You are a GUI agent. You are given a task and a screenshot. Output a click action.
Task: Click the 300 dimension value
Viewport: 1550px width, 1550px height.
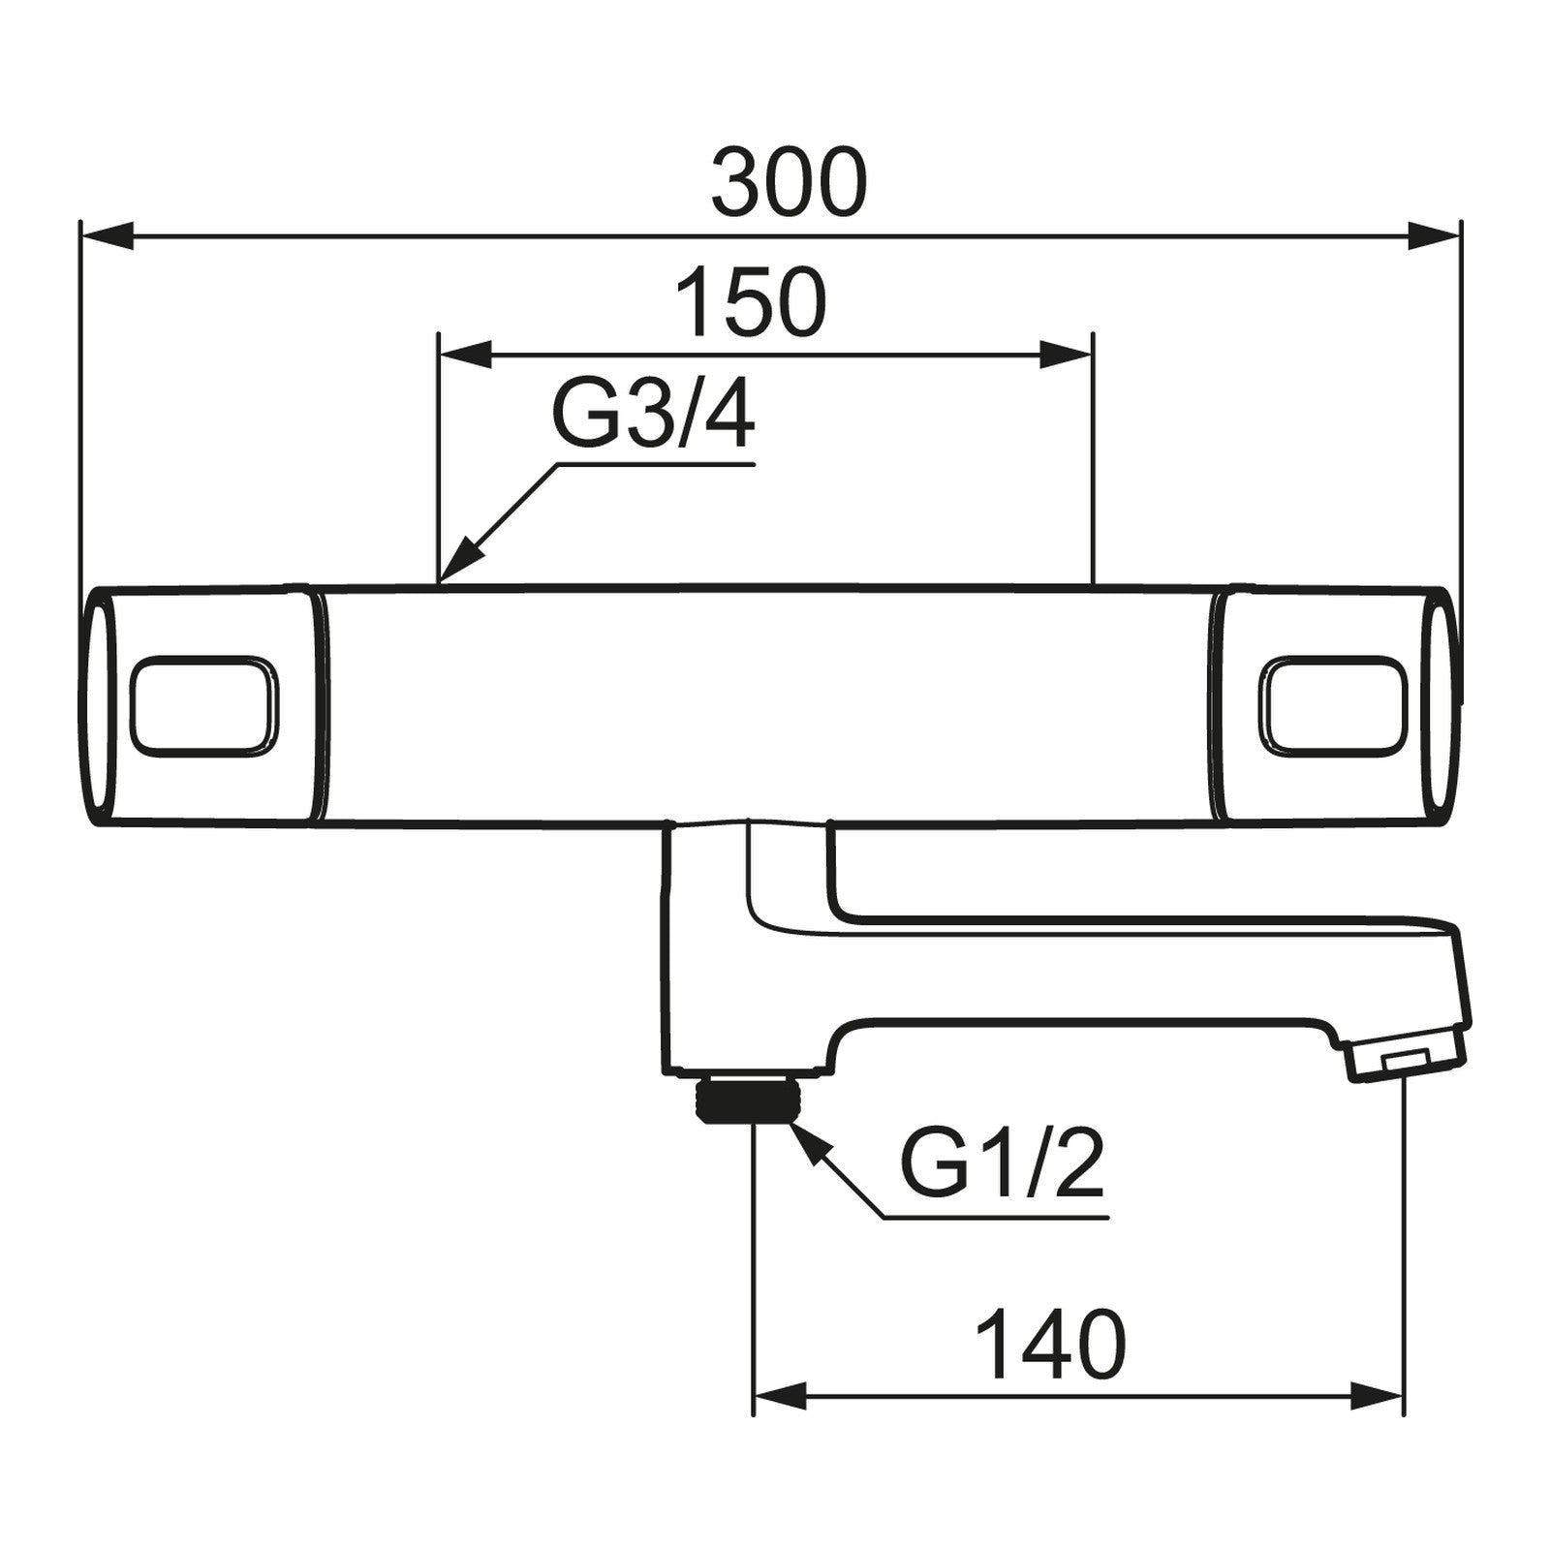pos(789,182)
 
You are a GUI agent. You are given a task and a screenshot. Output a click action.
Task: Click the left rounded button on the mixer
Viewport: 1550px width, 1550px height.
pos(203,704)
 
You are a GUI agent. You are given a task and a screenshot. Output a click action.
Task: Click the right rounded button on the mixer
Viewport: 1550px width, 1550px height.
pos(1331,704)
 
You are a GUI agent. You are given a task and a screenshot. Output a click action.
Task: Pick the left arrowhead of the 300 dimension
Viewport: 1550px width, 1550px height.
pos(107,235)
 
